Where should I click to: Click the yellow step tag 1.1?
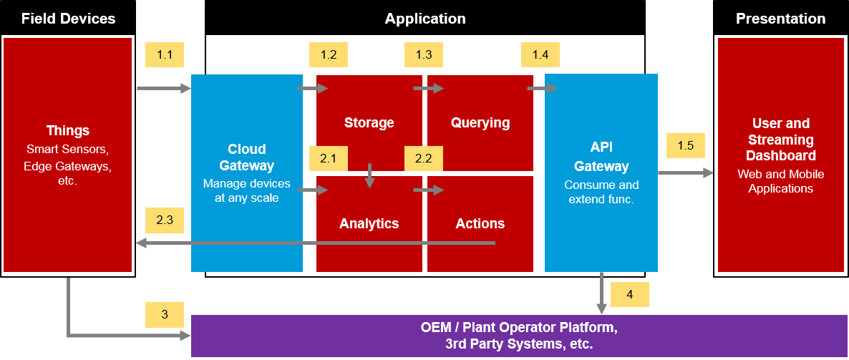(165, 55)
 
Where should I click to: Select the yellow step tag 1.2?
(329, 55)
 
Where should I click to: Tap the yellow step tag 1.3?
(424, 55)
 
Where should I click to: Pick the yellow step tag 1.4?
(540, 55)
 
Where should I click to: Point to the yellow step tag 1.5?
(685, 145)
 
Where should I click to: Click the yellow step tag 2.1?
(329, 158)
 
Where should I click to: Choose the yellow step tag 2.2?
(424, 158)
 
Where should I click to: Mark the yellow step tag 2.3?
(165, 220)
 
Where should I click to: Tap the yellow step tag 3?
(165, 314)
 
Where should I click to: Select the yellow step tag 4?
(630, 294)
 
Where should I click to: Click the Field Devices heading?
(68, 19)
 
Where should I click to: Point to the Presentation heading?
(780, 19)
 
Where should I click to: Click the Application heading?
(425, 19)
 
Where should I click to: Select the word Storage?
(369, 122)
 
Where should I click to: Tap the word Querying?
(480, 122)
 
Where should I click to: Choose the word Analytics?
(369, 223)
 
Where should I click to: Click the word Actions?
(480, 223)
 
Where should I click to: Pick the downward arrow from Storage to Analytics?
(369, 176)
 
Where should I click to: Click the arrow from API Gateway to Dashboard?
(685, 172)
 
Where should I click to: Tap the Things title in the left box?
(68, 131)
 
